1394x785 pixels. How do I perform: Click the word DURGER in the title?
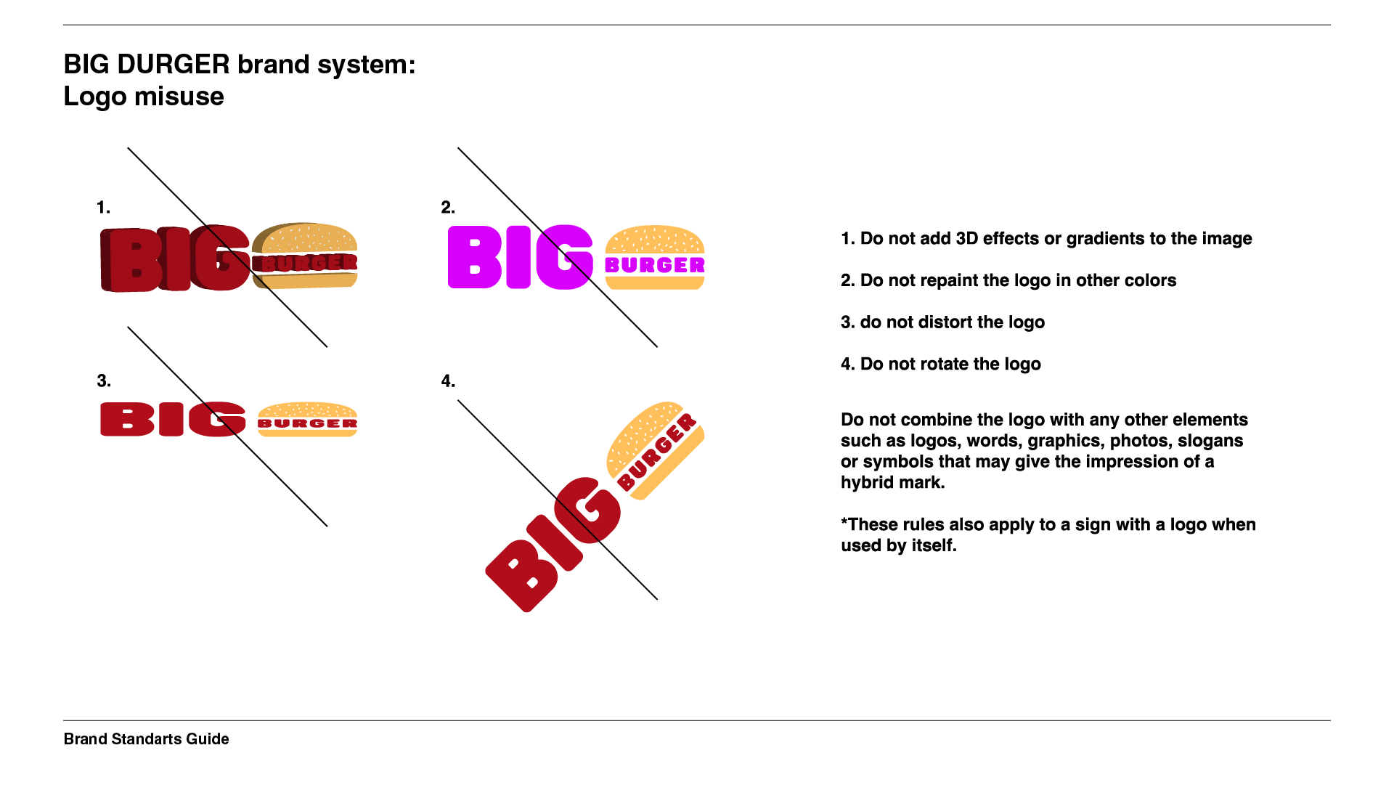tap(173, 65)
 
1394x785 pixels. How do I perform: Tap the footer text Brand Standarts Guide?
tap(146, 739)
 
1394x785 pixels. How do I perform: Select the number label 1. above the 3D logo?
tap(103, 208)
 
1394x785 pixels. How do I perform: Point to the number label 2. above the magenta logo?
tap(448, 208)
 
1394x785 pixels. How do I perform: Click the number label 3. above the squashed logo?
tap(103, 381)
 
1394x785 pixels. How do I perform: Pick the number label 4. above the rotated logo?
tap(448, 381)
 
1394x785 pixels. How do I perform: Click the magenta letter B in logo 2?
tap(474, 258)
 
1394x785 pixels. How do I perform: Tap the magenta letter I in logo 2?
tap(518, 258)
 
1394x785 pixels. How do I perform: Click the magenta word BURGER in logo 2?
tap(654, 266)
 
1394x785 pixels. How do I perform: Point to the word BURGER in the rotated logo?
tap(656, 452)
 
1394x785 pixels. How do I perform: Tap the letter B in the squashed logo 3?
tap(127, 420)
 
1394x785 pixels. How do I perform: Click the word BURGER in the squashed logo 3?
tap(307, 423)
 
